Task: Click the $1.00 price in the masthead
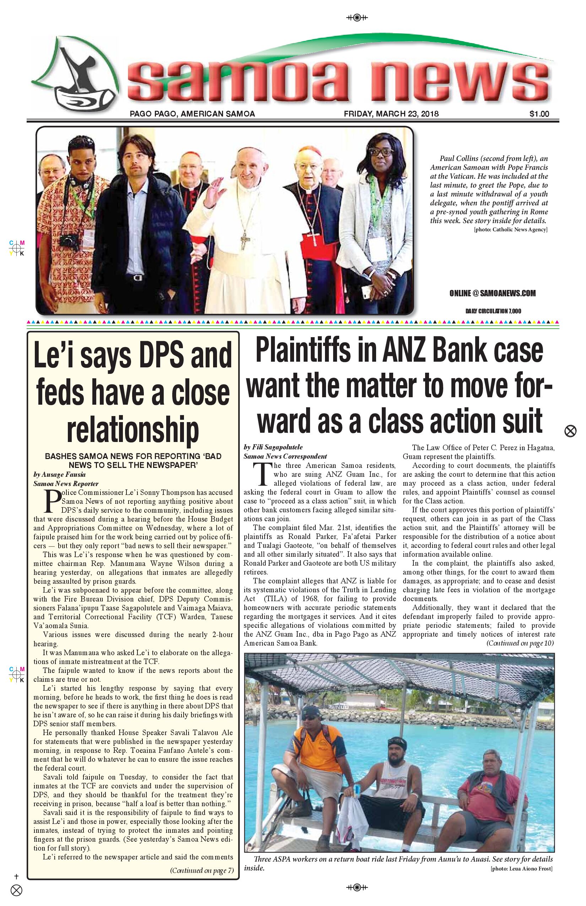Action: [539, 113]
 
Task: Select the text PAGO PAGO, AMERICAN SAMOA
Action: [192, 113]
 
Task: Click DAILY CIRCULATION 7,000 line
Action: [493, 311]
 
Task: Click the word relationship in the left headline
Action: [133, 430]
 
